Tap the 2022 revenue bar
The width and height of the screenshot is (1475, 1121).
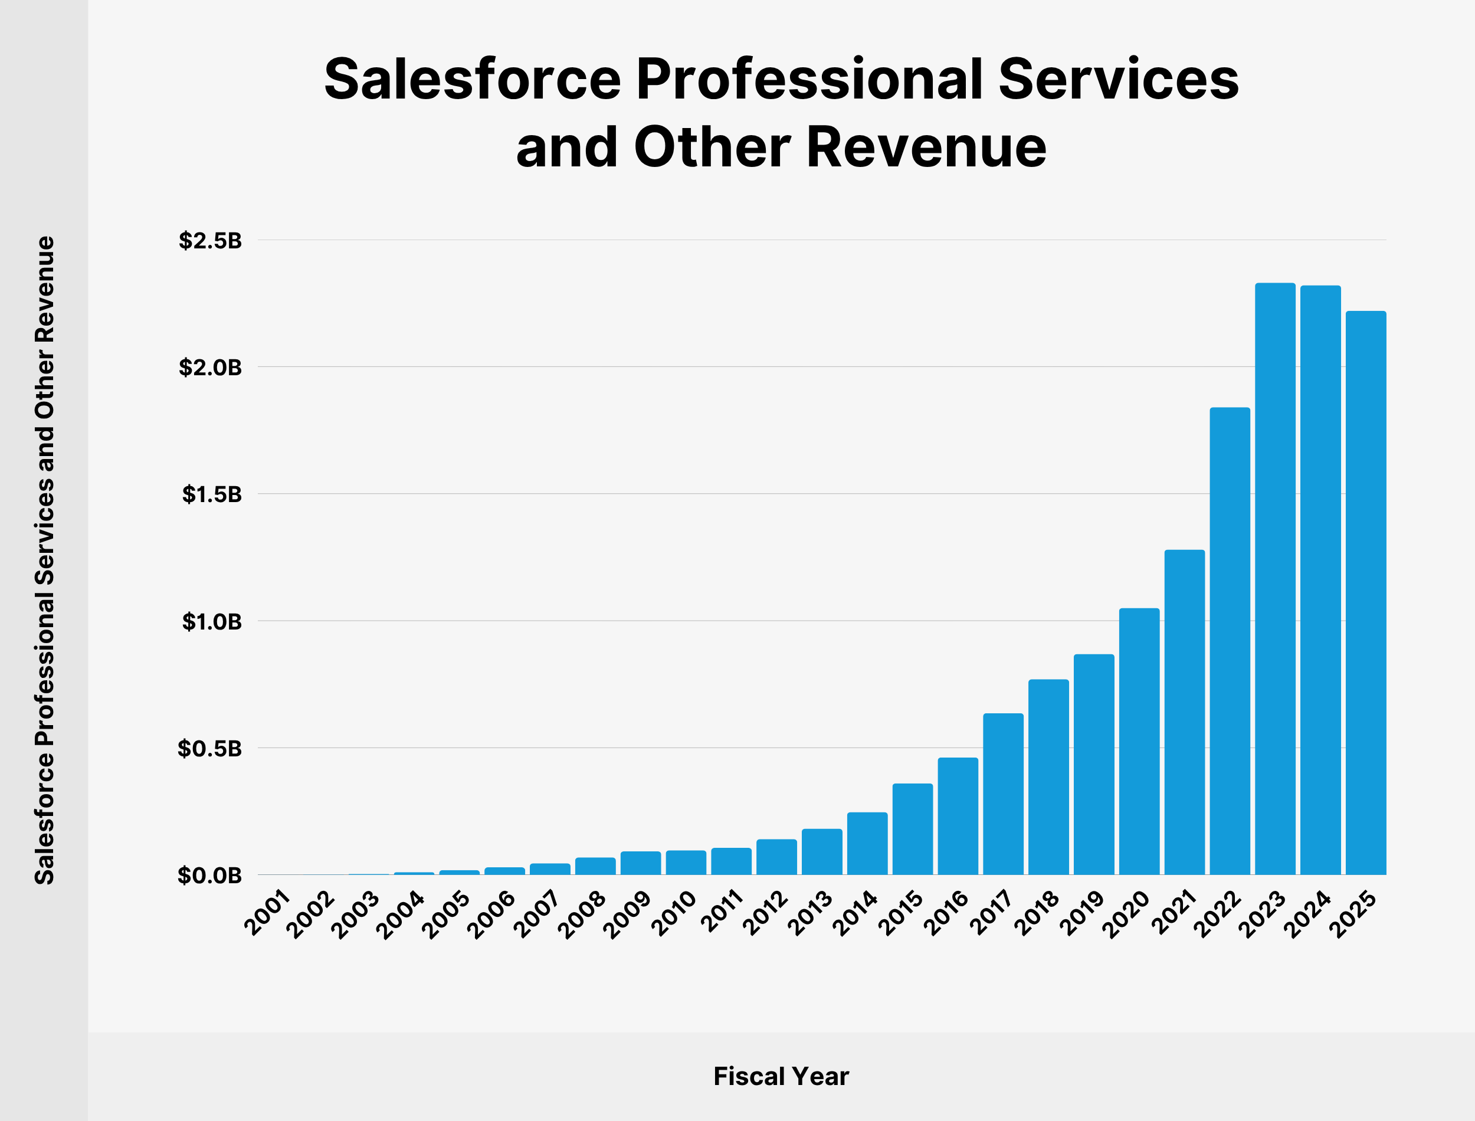(x=1230, y=641)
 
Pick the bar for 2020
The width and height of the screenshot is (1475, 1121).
(x=1139, y=740)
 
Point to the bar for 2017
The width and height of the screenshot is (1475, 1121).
(x=1002, y=794)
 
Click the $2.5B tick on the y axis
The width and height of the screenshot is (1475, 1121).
(x=210, y=241)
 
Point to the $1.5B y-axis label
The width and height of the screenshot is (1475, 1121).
(x=211, y=494)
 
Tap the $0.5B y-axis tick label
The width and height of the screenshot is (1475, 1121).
(x=209, y=749)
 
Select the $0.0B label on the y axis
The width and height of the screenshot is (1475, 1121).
(x=209, y=876)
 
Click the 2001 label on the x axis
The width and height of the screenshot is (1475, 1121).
(x=267, y=912)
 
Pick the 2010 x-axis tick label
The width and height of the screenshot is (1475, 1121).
(x=674, y=913)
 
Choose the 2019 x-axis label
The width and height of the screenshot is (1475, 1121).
(x=1082, y=913)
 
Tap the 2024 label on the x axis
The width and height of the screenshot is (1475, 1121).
(x=1308, y=913)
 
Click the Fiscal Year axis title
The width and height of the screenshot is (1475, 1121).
(x=781, y=1076)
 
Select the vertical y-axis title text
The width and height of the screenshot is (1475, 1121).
(x=45, y=560)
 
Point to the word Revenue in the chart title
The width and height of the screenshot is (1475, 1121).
(x=926, y=147)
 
